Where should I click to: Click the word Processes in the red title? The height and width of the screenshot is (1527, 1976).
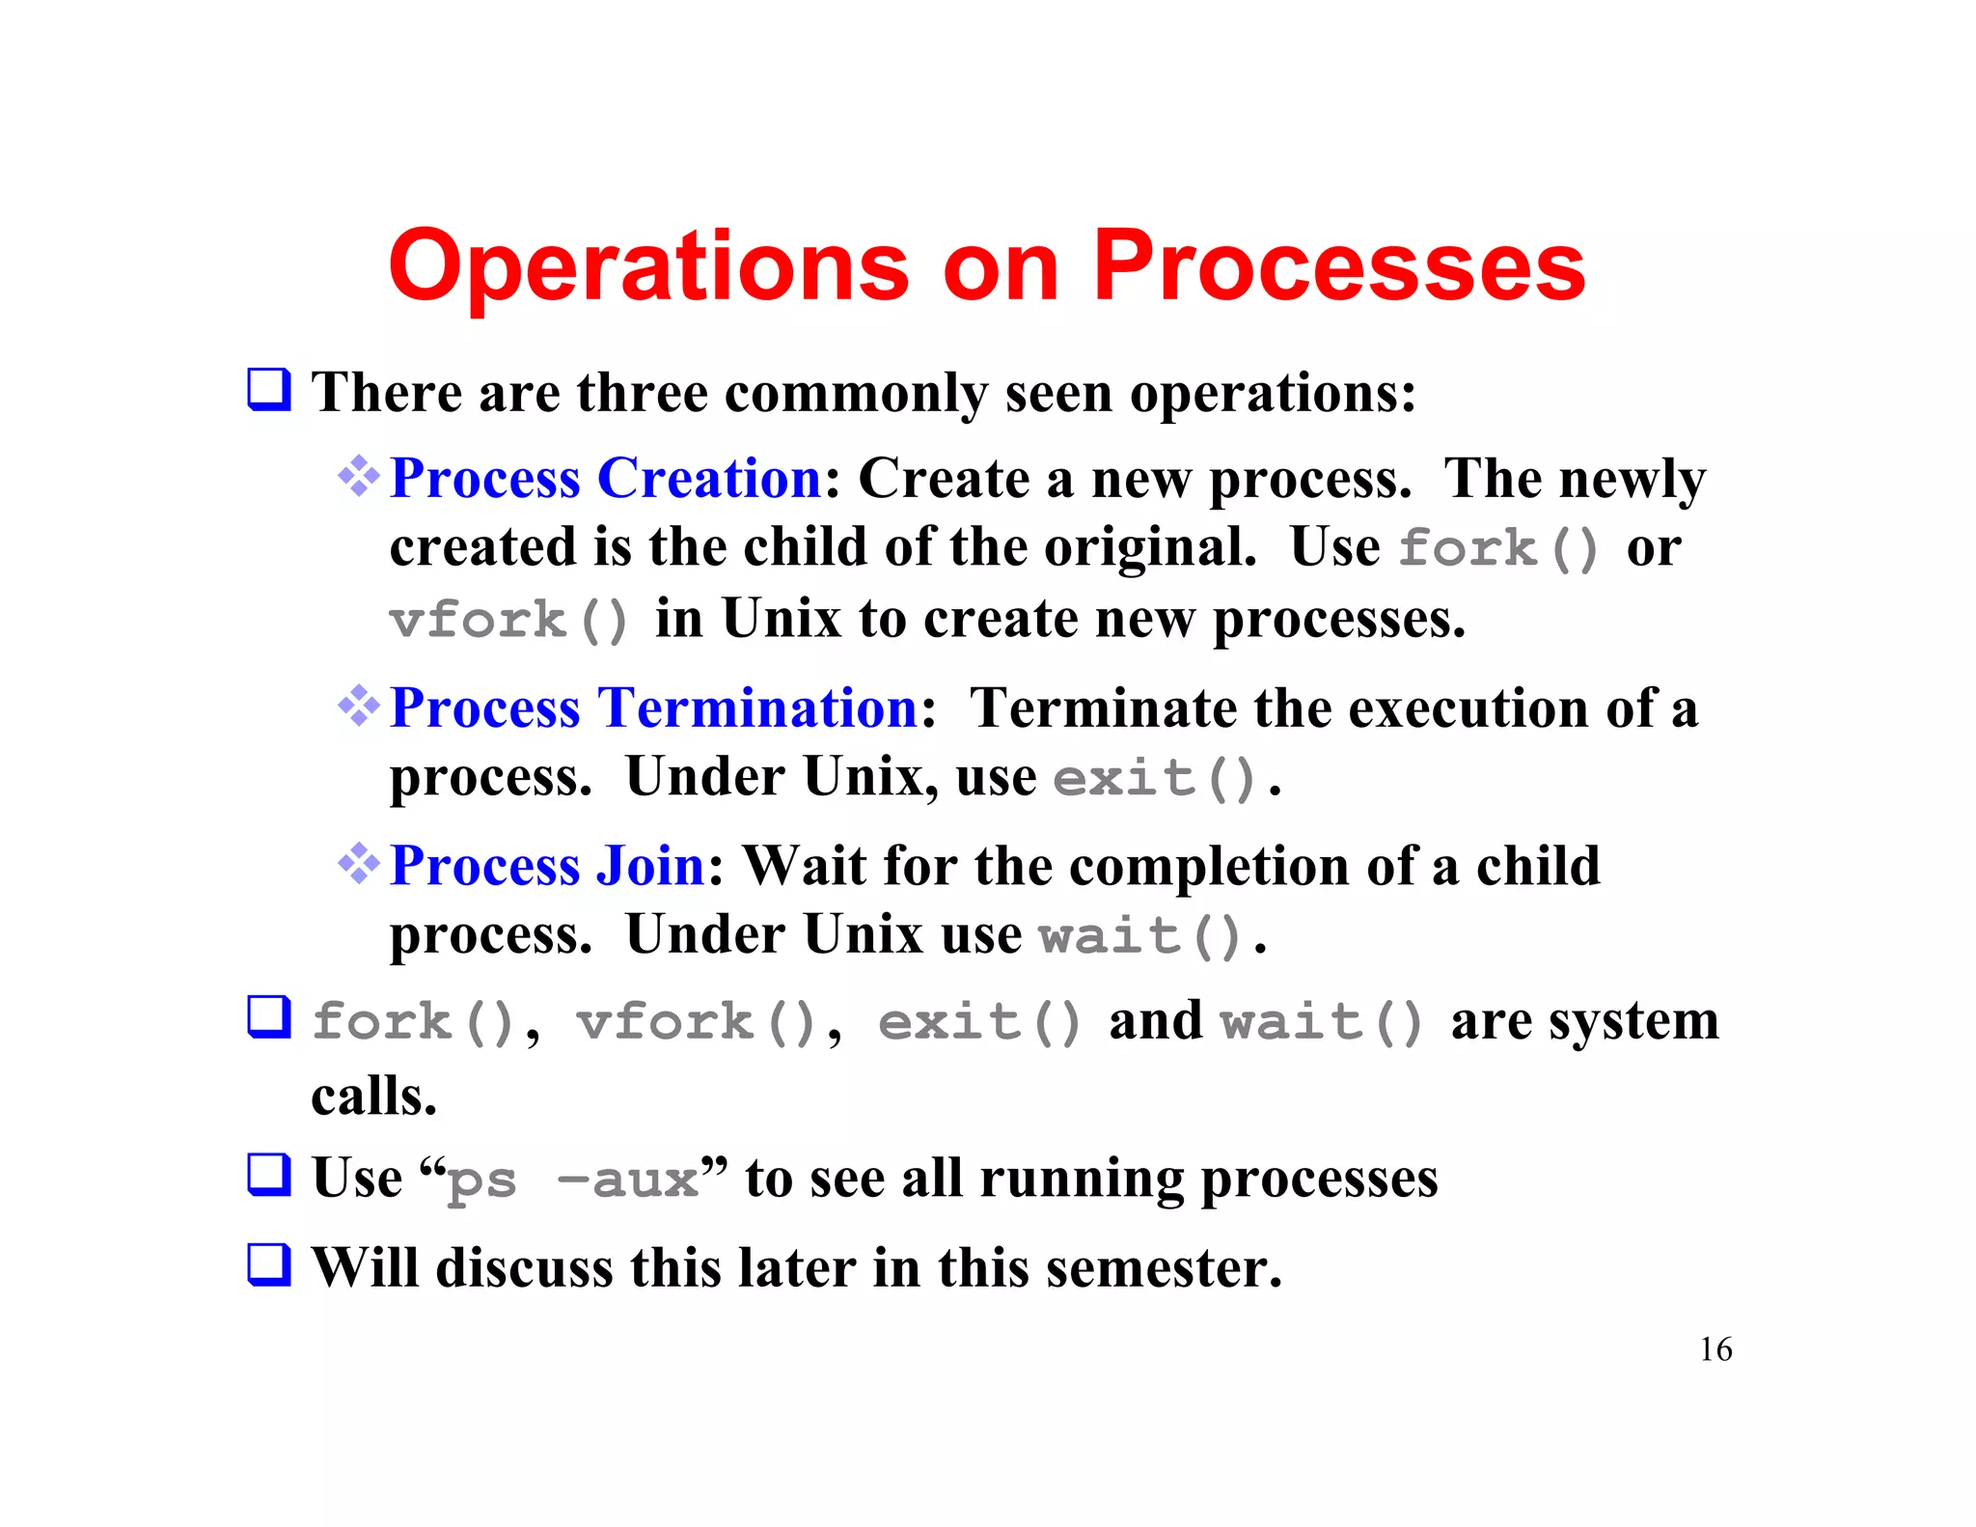(1338, 266)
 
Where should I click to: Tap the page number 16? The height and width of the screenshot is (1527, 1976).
(1715, 1348)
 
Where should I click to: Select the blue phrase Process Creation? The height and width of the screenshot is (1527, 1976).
(605, 478)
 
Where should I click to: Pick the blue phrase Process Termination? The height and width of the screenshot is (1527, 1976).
(653, 708)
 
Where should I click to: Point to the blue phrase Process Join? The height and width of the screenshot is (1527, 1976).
(547, 865)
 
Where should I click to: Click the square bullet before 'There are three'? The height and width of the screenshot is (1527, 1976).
(269, 390)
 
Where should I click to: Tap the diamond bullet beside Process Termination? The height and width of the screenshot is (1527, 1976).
(359, 706)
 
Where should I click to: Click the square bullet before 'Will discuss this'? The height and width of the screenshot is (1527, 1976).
(269, 1264)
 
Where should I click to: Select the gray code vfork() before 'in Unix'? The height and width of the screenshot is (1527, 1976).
(508, 620)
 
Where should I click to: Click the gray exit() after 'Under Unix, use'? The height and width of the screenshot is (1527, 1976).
(1154, 778)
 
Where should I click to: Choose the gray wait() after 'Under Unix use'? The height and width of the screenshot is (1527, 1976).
(1139, 936)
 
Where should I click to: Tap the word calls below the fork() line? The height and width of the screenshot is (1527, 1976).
(373, 1097)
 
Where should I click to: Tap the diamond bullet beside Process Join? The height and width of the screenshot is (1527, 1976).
(359, 863)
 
